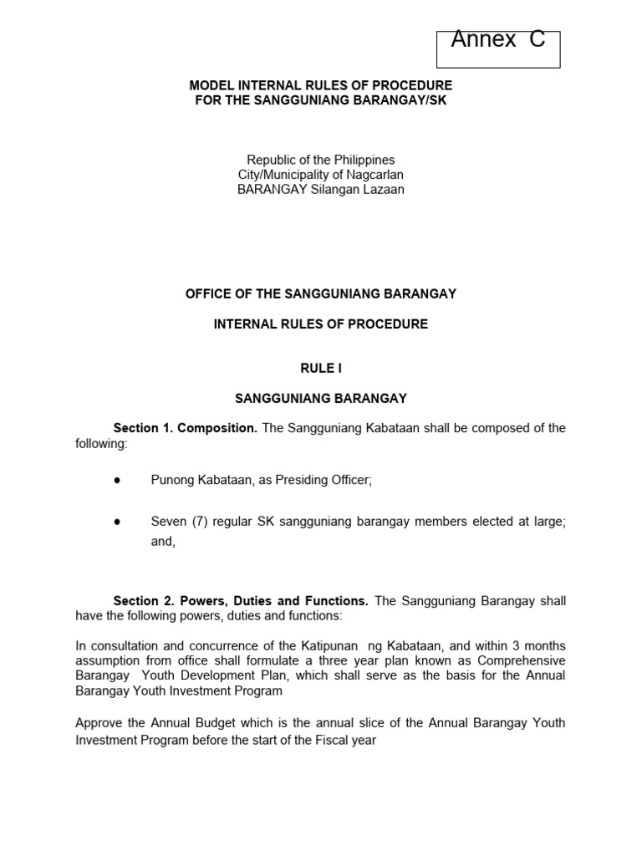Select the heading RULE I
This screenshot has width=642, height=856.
(x=320, y=368)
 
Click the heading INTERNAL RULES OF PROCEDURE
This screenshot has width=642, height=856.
(x=320, y=324)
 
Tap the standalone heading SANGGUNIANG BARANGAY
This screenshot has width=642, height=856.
(x=320, y=398)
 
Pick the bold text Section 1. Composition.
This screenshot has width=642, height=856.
(x=186, y=428)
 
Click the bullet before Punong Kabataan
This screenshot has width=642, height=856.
(x=116, y=480)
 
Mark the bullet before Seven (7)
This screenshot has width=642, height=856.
(x=116, y=522)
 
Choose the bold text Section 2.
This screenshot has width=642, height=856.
(x=140, y=601)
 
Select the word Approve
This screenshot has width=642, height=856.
(x=97, y=722)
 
